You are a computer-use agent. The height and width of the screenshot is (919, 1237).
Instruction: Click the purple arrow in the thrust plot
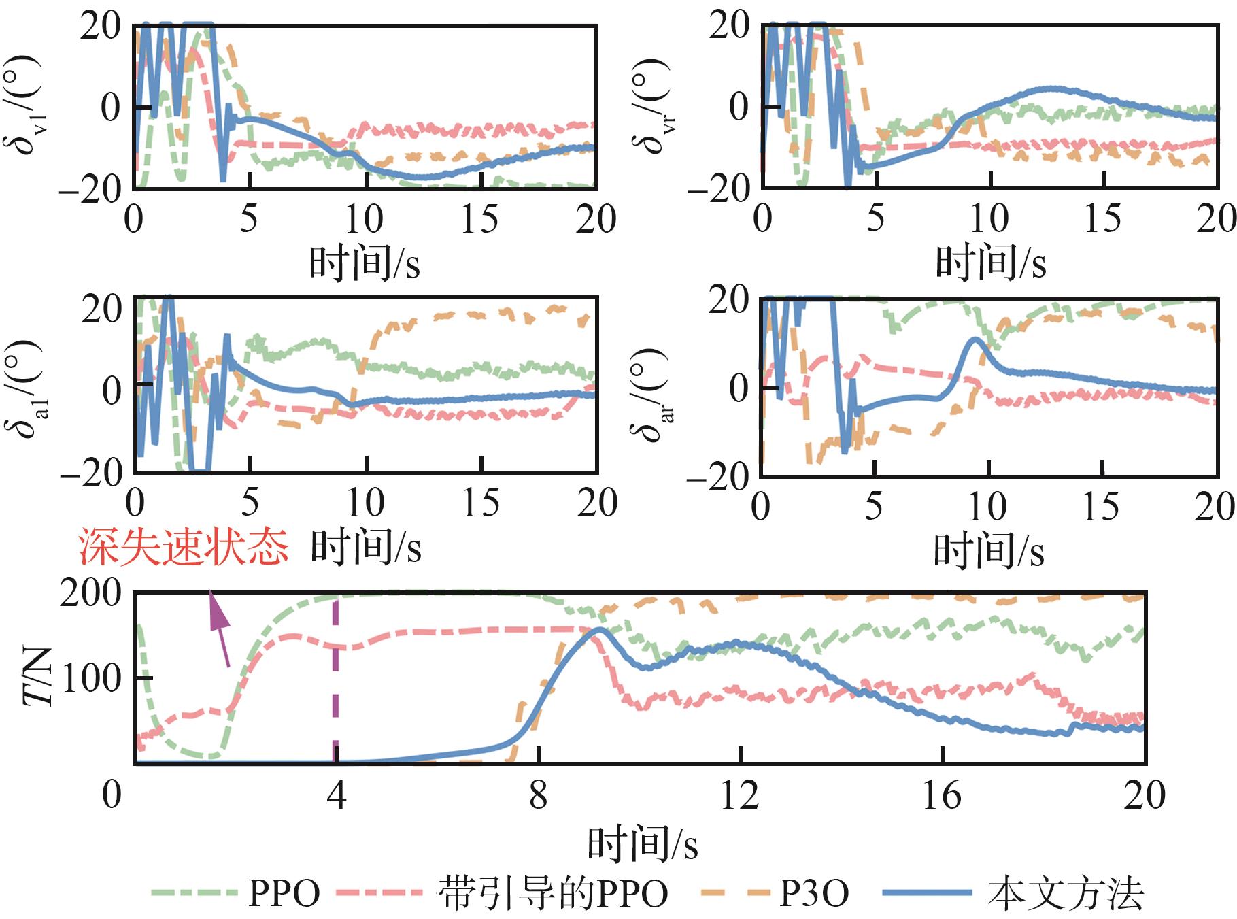tap(218, 626)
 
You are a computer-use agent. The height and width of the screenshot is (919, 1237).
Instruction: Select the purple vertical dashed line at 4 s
tap(335, 680)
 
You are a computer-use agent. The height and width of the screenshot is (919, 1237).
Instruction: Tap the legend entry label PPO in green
tap(284, 893)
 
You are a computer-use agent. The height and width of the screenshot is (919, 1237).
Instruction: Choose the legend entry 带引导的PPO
tap(553, 893)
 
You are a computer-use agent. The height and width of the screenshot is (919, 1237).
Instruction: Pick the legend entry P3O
tap(813, 893)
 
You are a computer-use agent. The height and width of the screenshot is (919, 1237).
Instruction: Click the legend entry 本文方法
tap(1066, 893)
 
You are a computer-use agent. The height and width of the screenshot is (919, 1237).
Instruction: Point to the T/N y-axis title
tap(38, 678)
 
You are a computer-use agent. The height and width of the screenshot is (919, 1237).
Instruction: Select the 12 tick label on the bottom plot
tap(739, 795)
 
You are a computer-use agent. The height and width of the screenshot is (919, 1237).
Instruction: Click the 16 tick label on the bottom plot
tap(941, 795)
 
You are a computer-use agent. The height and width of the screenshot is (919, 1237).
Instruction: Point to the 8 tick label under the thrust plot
tap(538, 795)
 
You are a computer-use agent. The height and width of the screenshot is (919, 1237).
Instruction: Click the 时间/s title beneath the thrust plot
tap(642, 844)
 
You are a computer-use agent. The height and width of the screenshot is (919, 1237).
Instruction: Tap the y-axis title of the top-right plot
tap(651, 106)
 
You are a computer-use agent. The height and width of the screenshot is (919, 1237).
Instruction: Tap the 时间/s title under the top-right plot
tap(990, 263)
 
